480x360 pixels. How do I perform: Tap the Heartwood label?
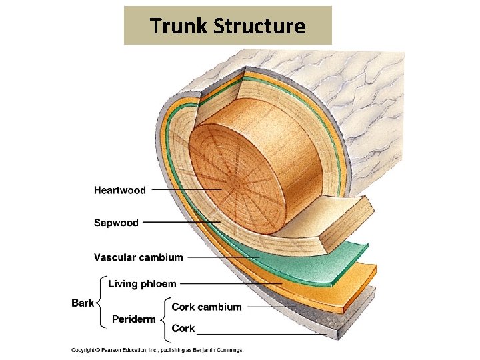(x=120, y=190)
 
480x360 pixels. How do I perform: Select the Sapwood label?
(x=116, y=223)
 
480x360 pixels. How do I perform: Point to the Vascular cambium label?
(x=138, y=257)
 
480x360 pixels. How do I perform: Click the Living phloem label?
(x=142, y=284)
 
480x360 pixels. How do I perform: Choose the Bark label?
(x=83, y=303)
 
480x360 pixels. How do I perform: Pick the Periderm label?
(x=133, y=319)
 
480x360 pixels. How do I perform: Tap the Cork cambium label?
(x=207, y=307)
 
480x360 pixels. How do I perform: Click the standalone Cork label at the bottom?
(x=183, y=328)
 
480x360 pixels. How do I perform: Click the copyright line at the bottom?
(x=157, y=350)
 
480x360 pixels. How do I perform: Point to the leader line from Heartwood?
(x=187, y=190)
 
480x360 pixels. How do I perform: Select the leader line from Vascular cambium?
(x=223, y=257)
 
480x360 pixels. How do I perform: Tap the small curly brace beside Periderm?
(x=163, y=318)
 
